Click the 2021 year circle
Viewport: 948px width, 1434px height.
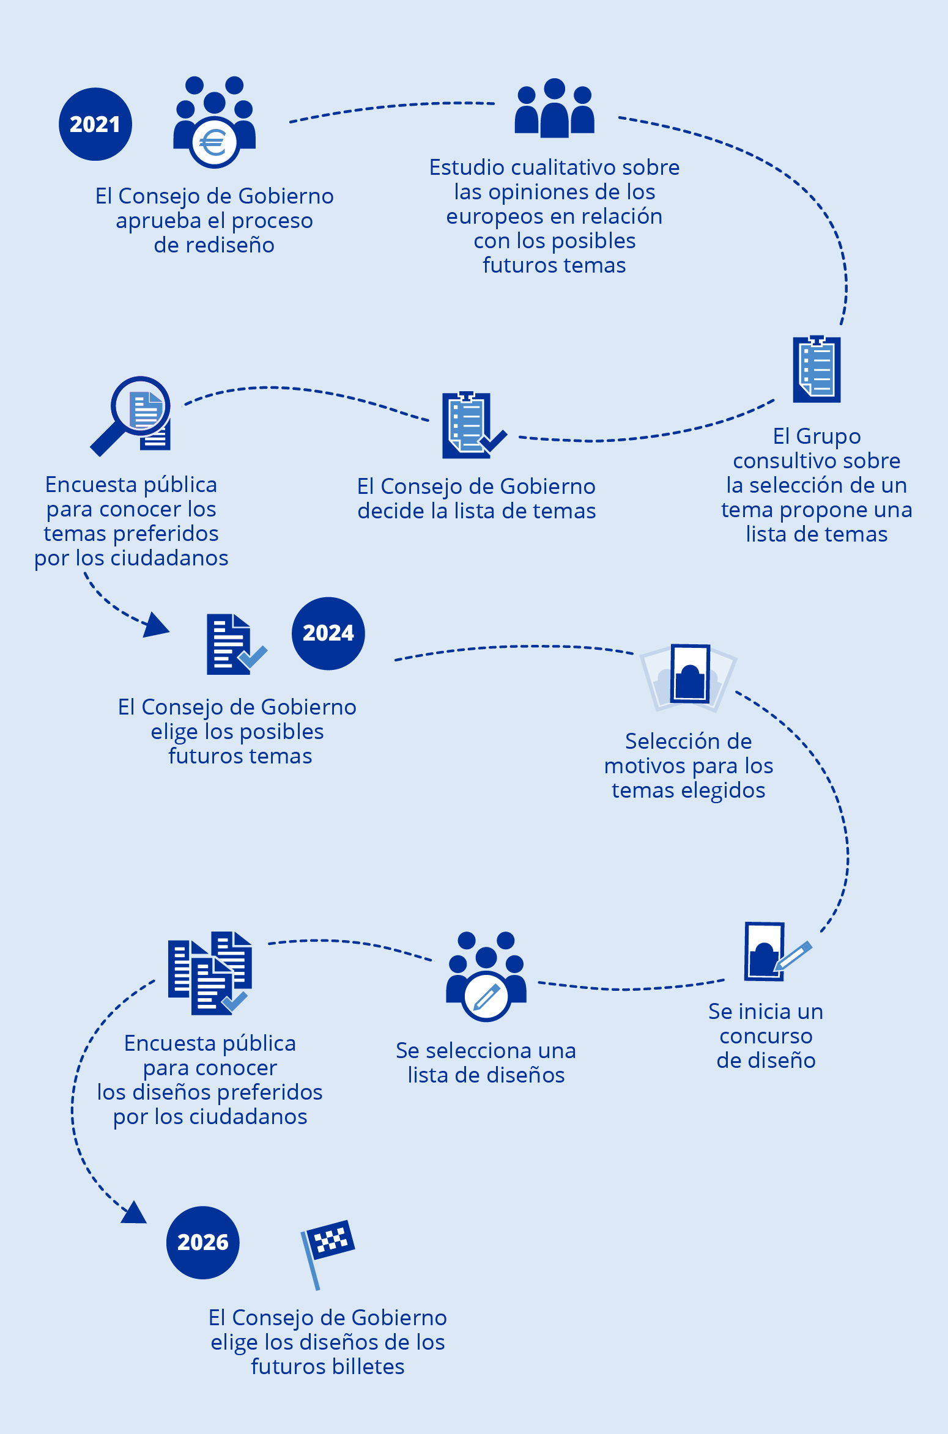pyautogui.click(x=95, y=124)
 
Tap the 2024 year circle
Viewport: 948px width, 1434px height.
pyautogui.click(x=328, y=633)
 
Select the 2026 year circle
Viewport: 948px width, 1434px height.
pyautogui.click(x=202, y=1242)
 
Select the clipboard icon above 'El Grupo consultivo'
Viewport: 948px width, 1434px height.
pyautogui.click(x=817, y=369)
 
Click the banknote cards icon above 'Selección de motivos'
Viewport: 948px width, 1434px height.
pyautogui.click(x=689, y=676)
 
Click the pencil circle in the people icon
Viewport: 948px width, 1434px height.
pyautogui.click(x=486, y=996)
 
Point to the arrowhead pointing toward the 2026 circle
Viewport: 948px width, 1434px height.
pyautogui.click(x=134, y=1213)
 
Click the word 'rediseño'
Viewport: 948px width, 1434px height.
pyautogui.click(x=214, y=245)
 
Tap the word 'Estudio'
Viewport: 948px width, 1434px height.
pyautogui.click(x=467, y=167)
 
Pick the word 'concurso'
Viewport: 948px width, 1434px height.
pyautogui.click(x=766, y=1036)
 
